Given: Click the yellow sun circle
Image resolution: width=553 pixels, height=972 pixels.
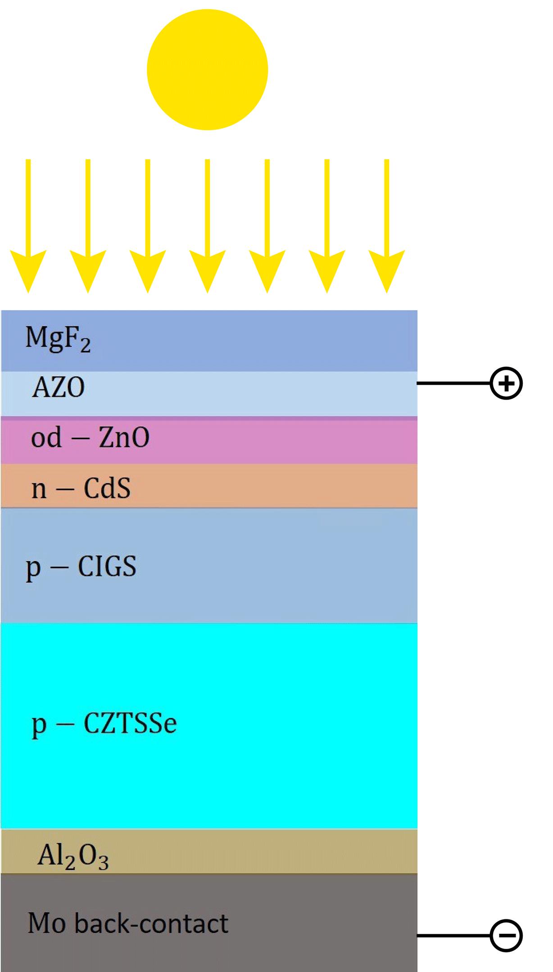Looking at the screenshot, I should pyautogui.click(x=207, y=70).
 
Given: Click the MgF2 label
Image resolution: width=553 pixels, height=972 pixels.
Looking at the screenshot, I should pyautogui.click(x=58, y=338).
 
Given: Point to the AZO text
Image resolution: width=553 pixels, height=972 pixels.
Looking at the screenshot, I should pyautogui.click(x=59, y=387).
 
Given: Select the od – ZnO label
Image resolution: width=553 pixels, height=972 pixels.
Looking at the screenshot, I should pyautogui.click(x=90, y=437).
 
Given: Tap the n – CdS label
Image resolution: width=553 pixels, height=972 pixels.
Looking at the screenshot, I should pyautogui.click(x=81, y=488).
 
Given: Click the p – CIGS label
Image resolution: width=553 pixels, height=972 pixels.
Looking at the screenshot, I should pyautogui.click(x=81, y=567).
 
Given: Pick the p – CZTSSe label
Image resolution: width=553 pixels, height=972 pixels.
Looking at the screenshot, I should pyautogui.click(x=104, y=724).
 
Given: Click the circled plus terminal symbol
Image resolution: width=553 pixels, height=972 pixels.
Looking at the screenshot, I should pyautogui.click(x=506, y=383).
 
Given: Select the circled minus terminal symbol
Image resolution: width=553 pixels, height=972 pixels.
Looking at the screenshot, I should pyautogui.click(x=506, y=936).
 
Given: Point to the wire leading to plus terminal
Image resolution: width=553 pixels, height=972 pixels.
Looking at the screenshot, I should pyautogui.click(x=453, y=383).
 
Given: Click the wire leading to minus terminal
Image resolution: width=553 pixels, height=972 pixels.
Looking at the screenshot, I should pyautogui.click(x=453, y=936).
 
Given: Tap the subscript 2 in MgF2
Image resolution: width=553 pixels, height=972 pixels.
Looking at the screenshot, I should pyautogui.click(x=86, y=346).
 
